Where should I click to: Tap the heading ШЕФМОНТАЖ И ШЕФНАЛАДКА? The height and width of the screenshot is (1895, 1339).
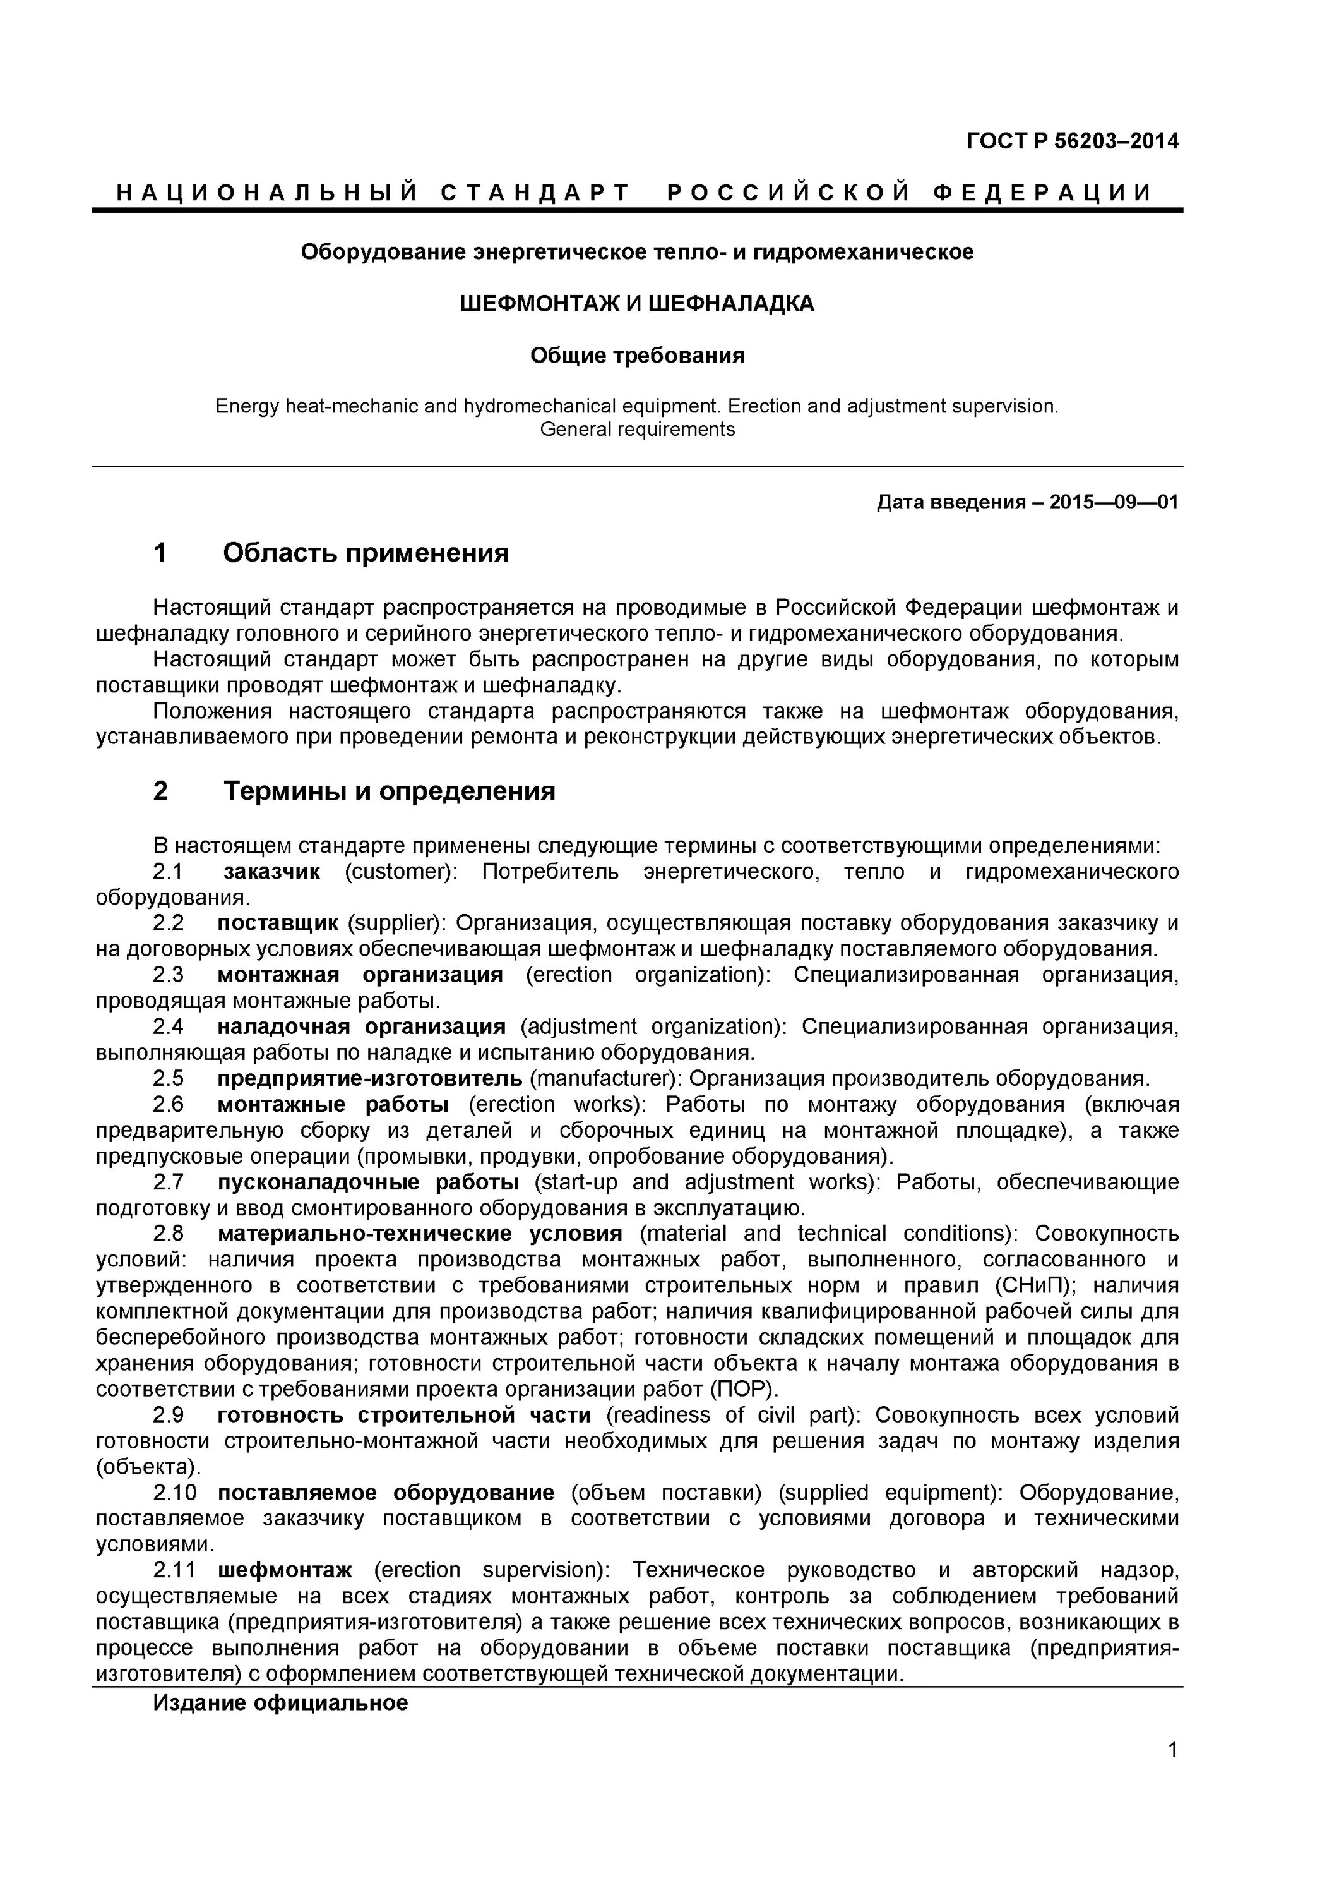tap(636, 304)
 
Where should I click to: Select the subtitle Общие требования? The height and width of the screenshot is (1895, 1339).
tap(636, 356)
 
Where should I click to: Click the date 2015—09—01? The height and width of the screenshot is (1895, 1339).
tap(1113, 502)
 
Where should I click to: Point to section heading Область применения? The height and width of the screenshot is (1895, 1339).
tap(366, 552)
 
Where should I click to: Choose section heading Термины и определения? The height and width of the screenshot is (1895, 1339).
tap(389, 791)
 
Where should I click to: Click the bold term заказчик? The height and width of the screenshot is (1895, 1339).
tap(271, 872)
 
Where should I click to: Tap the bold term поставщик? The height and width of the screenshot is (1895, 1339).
tap(277, 923)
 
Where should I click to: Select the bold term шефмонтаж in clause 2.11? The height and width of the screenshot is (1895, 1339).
tap(285, 1569)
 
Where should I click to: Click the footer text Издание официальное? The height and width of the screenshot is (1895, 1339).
tap(280, 1703)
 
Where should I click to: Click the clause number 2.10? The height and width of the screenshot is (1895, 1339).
tap(175, 1492)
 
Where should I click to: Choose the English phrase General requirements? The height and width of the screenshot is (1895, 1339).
tap(636, 429)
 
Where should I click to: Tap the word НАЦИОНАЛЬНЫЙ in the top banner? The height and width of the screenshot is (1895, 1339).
tap(266, 193)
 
